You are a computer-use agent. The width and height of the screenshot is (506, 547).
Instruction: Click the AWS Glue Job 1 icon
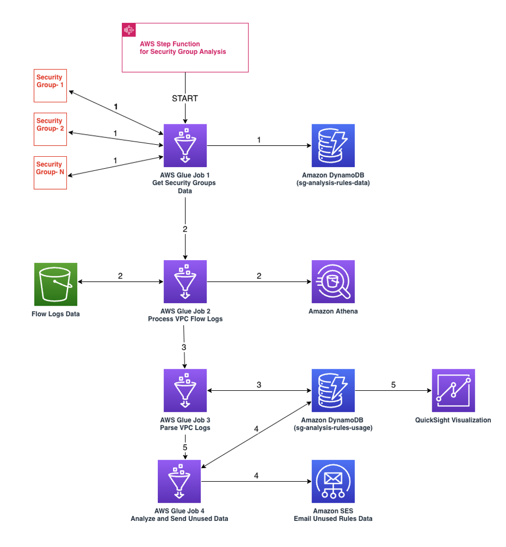coord(185,145)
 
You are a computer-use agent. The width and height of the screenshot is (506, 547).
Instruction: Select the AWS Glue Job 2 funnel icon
coord(185,282)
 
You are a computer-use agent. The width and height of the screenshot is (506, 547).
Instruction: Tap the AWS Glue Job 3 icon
coord(185,390)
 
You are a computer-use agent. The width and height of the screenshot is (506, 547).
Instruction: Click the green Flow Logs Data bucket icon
coord(55,284)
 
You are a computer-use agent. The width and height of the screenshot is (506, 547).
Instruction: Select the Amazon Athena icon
coord(333,282)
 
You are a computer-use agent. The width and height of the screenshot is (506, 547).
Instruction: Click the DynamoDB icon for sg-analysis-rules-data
coord(333,145)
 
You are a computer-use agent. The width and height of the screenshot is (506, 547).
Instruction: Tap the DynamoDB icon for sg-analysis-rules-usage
coord(333,390)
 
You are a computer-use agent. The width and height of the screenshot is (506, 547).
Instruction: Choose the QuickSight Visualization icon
coord(453,390)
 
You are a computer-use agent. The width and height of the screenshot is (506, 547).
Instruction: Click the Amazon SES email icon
coord(333,481)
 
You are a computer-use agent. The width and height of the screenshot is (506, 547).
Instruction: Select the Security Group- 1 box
coord(50,85)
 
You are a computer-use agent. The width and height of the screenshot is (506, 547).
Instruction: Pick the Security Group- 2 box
coord(50,129)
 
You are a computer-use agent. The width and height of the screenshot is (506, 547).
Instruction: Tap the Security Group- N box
coord(50,172)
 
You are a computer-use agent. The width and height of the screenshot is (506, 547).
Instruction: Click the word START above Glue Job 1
coord(185,99)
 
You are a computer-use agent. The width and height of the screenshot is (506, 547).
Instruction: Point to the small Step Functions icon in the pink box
coord(129,30)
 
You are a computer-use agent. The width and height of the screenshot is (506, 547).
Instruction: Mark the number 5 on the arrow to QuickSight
coord(393,385)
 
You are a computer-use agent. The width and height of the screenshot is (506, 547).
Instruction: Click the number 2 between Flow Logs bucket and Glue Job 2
coord(120,276)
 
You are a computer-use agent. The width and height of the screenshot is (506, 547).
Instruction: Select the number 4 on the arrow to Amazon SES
coord(256,475)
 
